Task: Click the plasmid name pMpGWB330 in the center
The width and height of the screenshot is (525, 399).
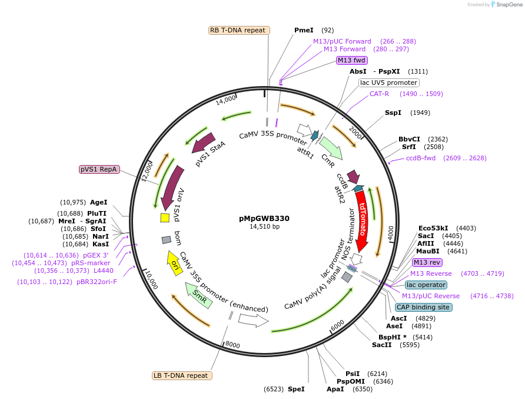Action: (264, 218)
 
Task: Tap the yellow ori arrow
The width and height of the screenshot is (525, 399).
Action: (175, 262)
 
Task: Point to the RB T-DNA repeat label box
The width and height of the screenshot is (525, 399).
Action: (240, 30)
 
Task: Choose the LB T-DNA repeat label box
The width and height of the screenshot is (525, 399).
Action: (182, 375)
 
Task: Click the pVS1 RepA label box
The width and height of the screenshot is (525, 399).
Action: (99, 170)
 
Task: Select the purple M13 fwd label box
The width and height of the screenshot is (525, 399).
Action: (351, 60)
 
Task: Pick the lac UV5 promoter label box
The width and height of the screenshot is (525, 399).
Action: (389, 83)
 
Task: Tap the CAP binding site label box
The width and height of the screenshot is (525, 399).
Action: (424, 307)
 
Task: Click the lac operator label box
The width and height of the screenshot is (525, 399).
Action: (426, 285)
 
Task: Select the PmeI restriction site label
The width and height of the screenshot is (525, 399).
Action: (304, 30)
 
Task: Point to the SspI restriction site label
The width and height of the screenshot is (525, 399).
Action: (393, 113)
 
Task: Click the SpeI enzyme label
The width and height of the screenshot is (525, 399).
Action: (296, 389)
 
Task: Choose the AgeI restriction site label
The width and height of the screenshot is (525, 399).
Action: (98, 202)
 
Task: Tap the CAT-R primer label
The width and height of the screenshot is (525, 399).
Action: (380, 94)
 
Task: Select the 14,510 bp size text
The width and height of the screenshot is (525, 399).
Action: (264, 227)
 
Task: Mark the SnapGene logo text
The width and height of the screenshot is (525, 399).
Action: (507, 5)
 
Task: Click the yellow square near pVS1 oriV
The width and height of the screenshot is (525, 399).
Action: (165, 218)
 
